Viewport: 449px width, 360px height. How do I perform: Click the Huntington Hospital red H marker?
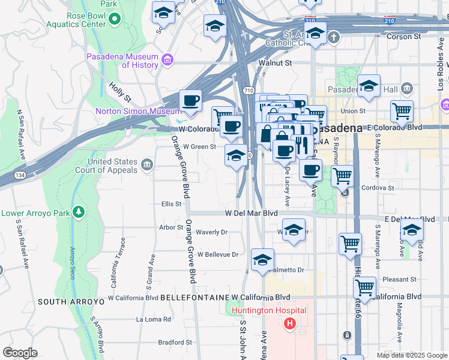tap(291, 325)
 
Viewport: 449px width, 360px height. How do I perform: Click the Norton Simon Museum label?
tap(137, 111)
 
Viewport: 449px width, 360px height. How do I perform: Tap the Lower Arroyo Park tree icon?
tap(78, 212)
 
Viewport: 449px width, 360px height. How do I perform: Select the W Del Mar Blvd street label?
tap(252, 213)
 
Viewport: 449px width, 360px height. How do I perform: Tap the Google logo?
tap(20, 353)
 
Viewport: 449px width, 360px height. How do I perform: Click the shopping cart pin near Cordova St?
tap(342, 176)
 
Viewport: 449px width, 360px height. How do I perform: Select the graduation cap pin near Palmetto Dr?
tap(262, 260)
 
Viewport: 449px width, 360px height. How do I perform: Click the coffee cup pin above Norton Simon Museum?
tap(191, 100)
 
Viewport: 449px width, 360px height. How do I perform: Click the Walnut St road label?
tap(275, 62)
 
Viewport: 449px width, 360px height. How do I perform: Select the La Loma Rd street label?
tap(154, 319)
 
